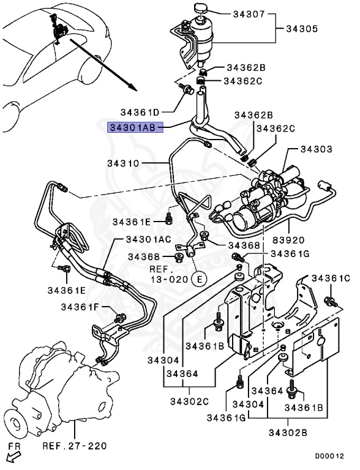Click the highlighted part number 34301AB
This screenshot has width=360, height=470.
135,127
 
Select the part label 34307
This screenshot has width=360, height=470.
249,14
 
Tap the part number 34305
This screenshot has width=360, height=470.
302,29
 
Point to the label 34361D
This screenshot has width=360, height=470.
140,112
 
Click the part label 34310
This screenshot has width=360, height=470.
123,163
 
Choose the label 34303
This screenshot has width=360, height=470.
316,149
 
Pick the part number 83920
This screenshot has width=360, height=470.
288,240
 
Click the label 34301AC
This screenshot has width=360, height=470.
149,239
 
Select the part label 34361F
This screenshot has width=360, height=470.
80,307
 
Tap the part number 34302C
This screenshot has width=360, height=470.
189,401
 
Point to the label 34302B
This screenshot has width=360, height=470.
288,433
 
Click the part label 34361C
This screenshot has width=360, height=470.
331,278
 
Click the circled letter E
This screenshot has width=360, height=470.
200,279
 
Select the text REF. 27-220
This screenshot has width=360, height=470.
75,446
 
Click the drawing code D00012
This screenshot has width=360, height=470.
329,456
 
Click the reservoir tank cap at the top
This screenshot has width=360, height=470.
199,8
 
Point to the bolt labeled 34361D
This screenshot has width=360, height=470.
186,88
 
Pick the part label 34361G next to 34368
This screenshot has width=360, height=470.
290,254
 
